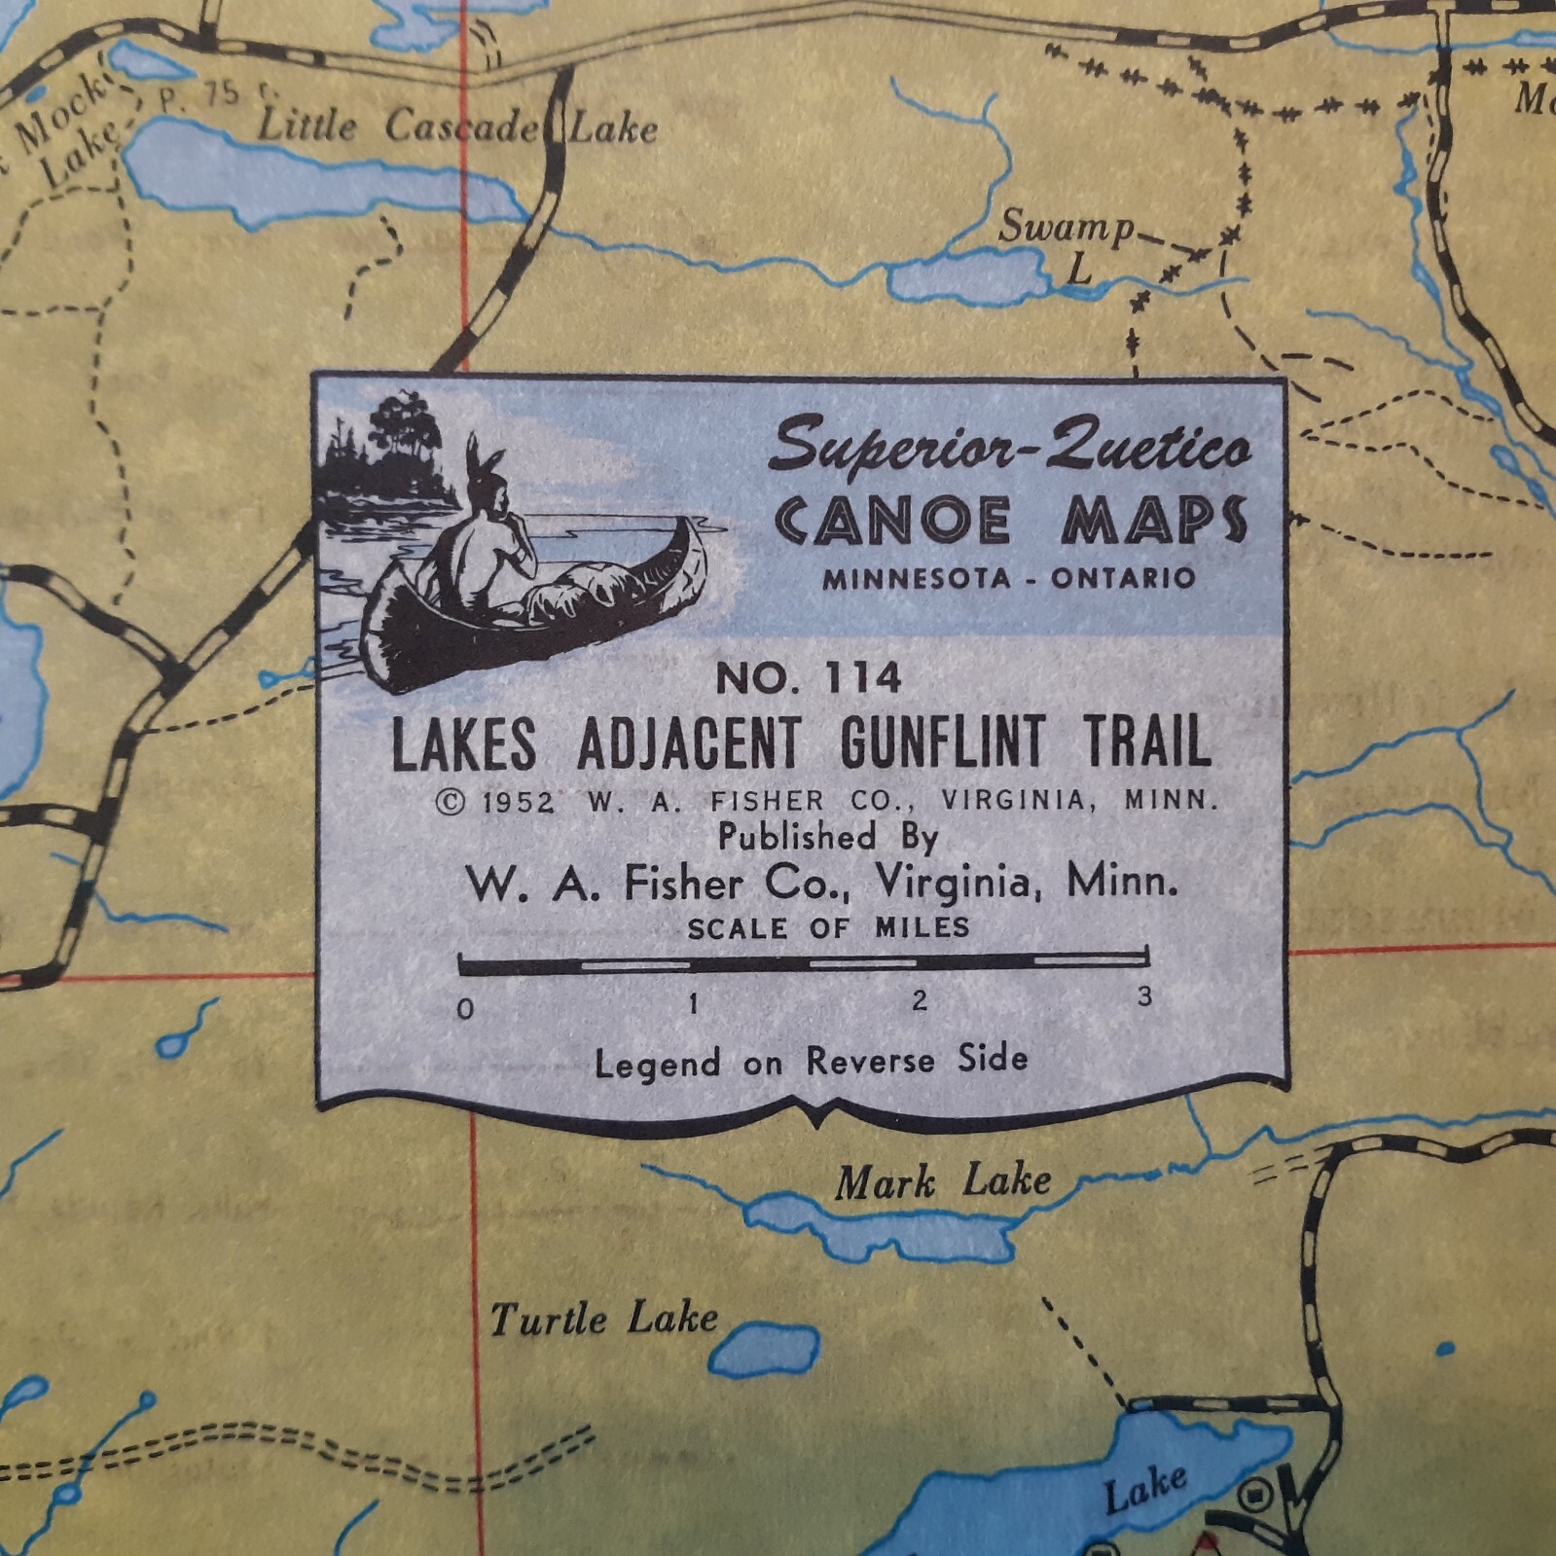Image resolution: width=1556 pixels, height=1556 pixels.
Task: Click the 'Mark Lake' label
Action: [942, 1182]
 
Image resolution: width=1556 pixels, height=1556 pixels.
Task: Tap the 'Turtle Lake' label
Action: [603, 1320]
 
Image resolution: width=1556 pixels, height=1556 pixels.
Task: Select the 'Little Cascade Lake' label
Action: [457, 127]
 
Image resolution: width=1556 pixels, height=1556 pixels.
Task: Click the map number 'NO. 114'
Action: [809, 678]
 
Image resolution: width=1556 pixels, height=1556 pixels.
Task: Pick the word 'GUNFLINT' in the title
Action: [940, 743]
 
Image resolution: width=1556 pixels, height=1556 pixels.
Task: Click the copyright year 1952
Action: [518, 802]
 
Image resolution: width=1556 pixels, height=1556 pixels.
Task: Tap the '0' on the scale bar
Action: [466, 1009]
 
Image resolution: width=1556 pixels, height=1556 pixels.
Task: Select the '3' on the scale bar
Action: [1144, 996]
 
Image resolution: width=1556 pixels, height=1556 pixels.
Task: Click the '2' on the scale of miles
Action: [919, 1000]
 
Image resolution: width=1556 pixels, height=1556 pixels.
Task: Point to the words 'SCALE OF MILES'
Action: [828, 927]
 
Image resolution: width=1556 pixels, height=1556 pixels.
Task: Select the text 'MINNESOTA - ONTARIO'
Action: [1009, 578]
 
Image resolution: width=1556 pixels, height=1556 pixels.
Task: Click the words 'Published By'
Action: [828, 837]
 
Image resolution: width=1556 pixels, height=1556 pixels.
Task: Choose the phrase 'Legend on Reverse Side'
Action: [811, 1061]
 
